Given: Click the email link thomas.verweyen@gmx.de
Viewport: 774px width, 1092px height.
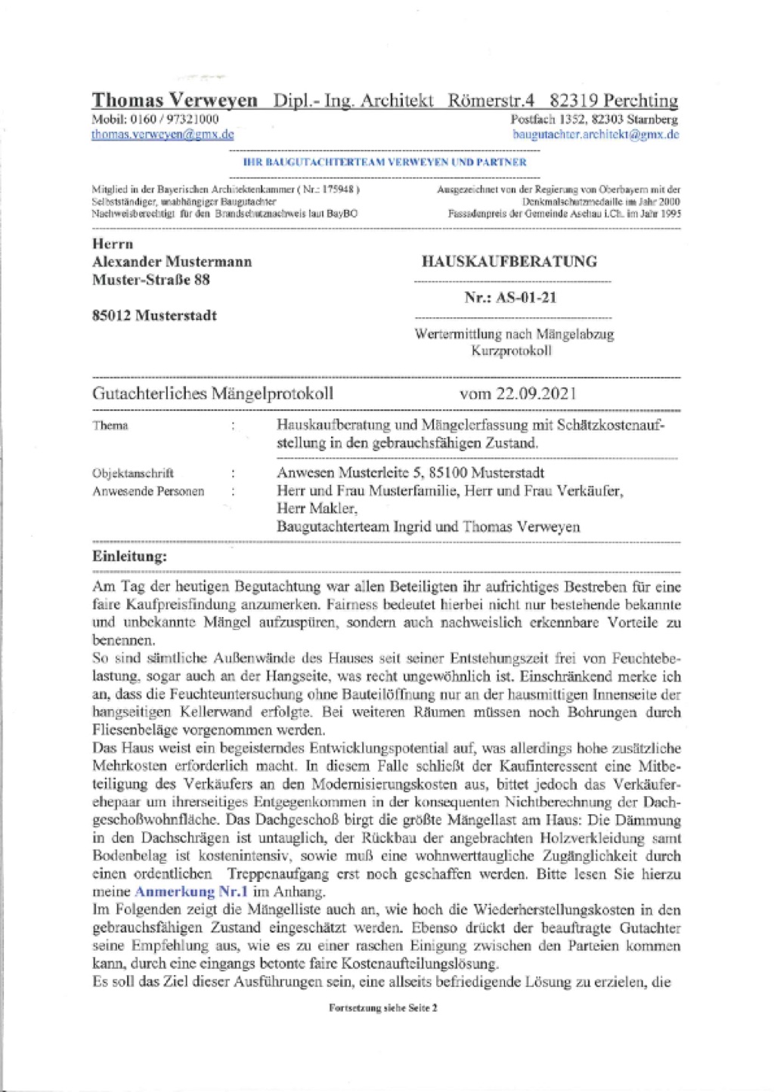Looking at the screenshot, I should pyautogui.click(x=163, y=134).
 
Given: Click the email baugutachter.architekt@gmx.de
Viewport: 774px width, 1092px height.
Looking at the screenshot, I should pyautogui.click(x=596, y=134).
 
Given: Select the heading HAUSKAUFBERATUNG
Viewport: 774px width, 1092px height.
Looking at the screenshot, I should pyautogui.click(x=509, y=261).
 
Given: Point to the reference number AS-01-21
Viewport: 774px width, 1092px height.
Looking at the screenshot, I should pyautogui.click(x=526, y=298).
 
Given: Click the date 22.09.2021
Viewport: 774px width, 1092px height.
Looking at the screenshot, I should pyautogui.click(x=537, y=393).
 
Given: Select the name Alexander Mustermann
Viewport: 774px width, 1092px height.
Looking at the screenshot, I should pyautogui.click(x=172, y=262).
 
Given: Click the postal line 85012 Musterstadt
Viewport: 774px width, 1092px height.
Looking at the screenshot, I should pyautogui.click(x=154, y=316).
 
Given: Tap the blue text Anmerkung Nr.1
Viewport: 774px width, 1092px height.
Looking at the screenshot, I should pyautogui.click(x=191, y=892).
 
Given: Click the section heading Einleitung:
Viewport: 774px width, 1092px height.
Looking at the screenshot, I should pyautogui.click(x=129, y=557).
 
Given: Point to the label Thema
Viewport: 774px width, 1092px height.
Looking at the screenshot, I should pyautogui.click(x=110, y=426).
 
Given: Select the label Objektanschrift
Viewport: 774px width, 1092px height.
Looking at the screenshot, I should pyautogui.click(x=133, y=474).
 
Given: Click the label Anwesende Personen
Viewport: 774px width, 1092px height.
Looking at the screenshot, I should pyautogui.click(x=148, y=492).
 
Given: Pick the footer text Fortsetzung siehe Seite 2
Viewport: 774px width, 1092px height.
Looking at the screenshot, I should pyautogui.click(x=383, y=1007).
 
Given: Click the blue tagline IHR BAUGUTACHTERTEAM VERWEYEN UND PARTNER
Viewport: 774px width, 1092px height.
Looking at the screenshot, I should pyautogui.click(x=385, y=162).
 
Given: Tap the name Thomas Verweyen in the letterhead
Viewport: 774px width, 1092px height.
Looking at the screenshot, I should pyautogui.click(x=175, y=100).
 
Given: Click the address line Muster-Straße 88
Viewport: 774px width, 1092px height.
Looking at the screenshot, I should pyautogui.click(x=151, y=280).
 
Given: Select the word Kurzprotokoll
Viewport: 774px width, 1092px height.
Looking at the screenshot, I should pyautogui.click(x=512, y=351).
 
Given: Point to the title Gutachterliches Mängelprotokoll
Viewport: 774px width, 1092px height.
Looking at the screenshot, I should pyautogui.click(x=212, y=393).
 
